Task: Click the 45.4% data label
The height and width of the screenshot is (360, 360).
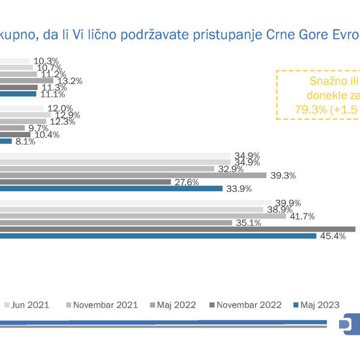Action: (333, 236)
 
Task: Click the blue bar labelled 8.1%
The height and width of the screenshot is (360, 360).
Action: (5, 142)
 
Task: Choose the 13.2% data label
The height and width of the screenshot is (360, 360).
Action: (69, 81)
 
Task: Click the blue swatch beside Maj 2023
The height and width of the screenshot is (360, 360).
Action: (296, 305)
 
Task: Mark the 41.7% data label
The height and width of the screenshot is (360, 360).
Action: (304, 216)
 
